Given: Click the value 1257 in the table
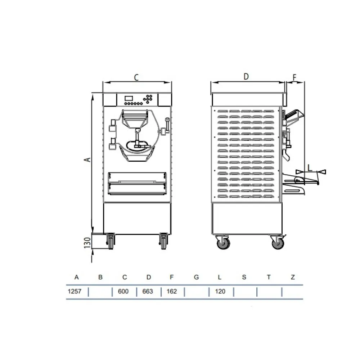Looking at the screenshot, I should pos(75,291).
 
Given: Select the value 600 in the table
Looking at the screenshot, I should pos(123,291).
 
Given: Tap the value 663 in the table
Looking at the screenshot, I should pos(148,291).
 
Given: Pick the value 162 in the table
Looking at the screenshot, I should pos(172,291).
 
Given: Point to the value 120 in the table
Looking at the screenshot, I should pos(220,291).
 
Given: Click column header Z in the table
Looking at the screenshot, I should pos(293,277).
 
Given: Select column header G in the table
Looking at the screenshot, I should pos(196,277).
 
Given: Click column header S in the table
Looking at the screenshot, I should pos(244,277).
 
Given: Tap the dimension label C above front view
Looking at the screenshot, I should pos(136,77).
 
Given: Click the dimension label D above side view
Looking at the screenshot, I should pos(246,76).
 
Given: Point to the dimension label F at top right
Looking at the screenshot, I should pos(294,77).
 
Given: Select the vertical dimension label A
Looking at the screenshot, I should pos(87,159).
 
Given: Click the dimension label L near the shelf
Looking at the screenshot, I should pos(310,167).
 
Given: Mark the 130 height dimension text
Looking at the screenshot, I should pos(87,243).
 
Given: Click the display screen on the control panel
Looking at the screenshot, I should pos(130,98).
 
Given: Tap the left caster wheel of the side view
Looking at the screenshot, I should pos(223,243).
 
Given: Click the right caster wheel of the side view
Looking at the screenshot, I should pos(278,243).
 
